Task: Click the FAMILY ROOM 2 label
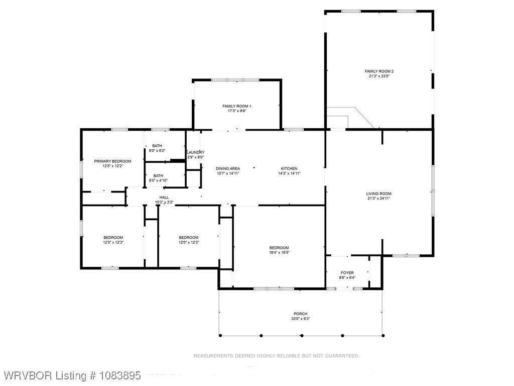(379, 71)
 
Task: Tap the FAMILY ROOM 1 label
(237, 107)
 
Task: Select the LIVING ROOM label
(378, 194)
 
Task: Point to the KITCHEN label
(289, 169)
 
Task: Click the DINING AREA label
(228, 169)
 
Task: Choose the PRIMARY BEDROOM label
(112, 161)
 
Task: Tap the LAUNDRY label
(196, 152)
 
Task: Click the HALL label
(164, 198)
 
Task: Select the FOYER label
(347, 273)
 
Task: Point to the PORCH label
(300, 314)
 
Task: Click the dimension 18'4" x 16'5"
(279, 253)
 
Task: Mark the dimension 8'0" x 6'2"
(157, 151)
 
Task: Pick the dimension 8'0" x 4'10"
(158, 180)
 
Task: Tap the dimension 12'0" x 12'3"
(189, 243)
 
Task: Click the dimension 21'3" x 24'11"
(378, 198)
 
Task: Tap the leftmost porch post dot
(220, 335)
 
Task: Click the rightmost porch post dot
(383, 335)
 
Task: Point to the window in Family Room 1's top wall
(235, 80)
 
